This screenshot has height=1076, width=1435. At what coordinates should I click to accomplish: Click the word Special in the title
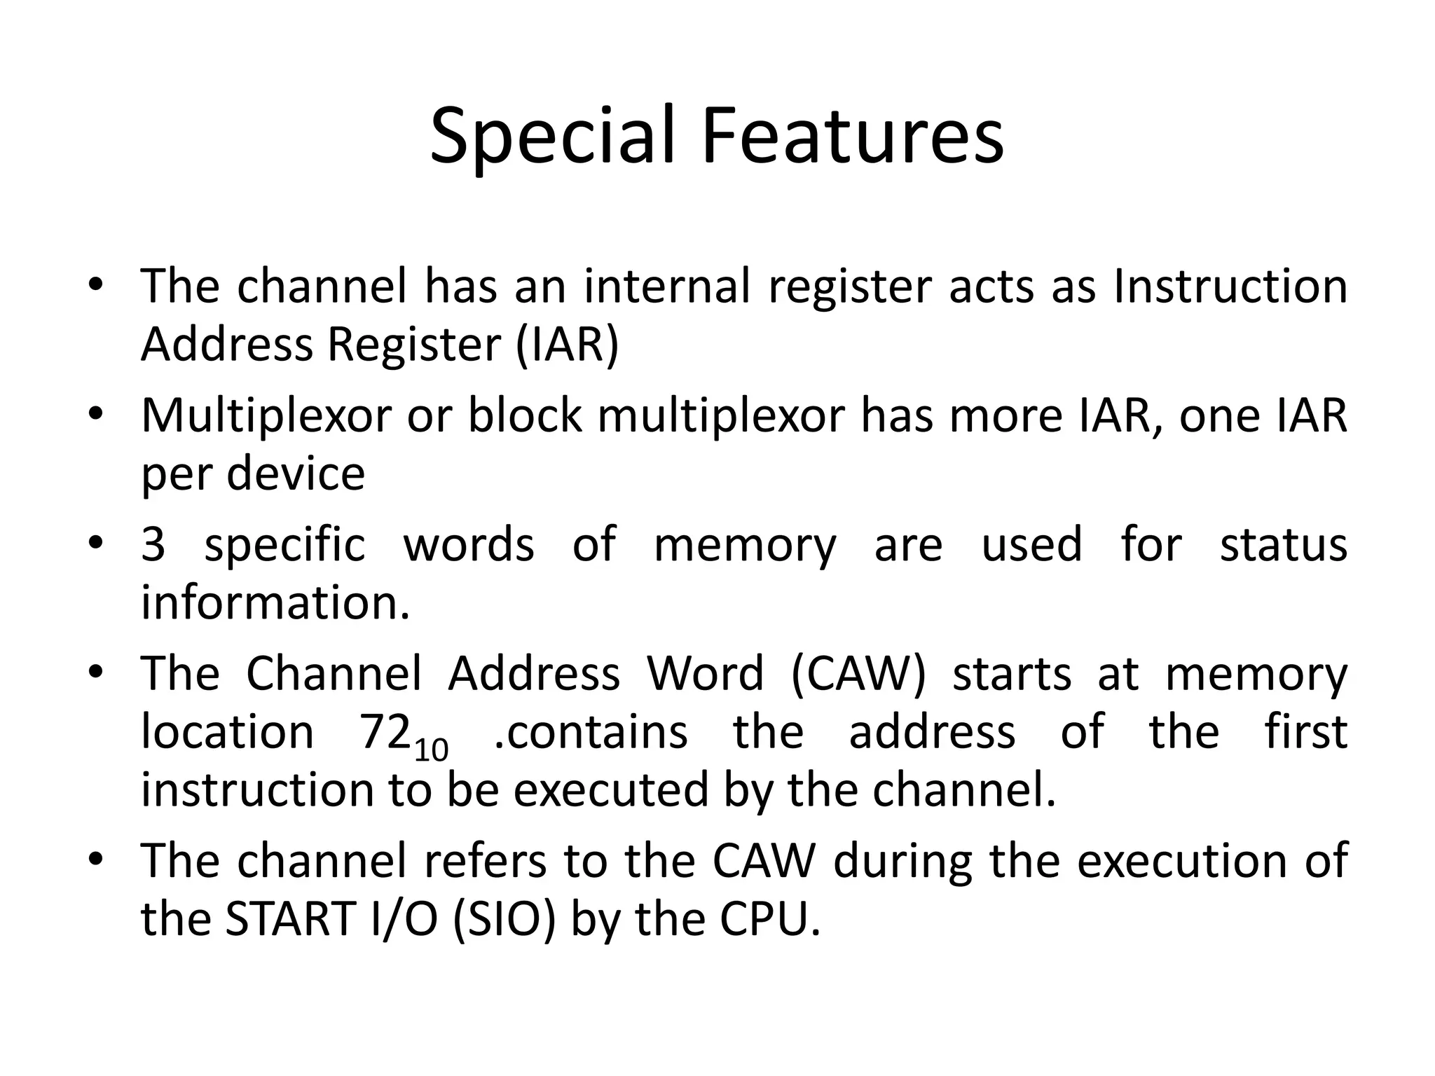coord(554,137)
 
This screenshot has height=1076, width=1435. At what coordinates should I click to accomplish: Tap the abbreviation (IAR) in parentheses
coord(568,345)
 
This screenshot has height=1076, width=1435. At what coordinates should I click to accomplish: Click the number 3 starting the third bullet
coord(153,544)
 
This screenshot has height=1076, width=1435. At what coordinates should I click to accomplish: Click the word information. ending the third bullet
coord(275,602)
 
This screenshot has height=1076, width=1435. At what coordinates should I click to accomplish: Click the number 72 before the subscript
coord(384,732)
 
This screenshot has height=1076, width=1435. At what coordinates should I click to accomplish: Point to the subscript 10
coord(431,750)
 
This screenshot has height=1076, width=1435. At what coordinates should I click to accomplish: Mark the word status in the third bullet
coord(1283,544)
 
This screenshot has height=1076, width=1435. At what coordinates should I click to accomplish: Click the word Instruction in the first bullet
coord(1230,287)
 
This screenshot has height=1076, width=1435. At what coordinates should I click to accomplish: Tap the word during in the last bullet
coord(902,861)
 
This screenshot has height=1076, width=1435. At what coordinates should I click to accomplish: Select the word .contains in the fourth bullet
coord(591,732)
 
